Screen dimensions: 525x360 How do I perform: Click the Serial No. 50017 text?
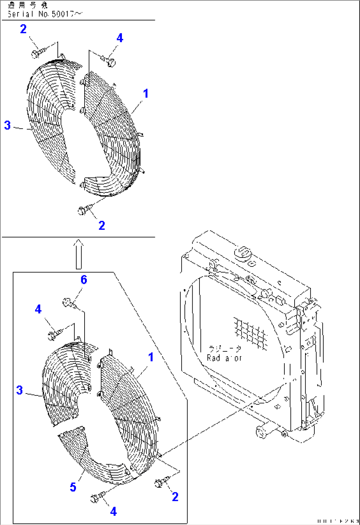click(x=45, y=14)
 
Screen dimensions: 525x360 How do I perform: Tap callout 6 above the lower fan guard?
click(x=84, y=280)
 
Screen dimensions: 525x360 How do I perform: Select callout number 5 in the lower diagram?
click(x=73, y=487)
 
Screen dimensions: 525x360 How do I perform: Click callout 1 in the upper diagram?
click(x=146, y=93)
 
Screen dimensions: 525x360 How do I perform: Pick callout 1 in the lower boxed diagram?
click(x=151, y=357)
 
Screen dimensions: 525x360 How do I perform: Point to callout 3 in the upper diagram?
click(x=7, y=125)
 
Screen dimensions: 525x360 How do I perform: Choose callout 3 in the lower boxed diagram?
click(x=19, y=390)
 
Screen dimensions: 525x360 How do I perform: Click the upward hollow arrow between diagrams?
click(x=79, y=254)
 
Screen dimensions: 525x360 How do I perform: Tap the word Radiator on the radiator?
click(x=224, y=358)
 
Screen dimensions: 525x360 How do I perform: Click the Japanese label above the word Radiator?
click(x=225, y=349)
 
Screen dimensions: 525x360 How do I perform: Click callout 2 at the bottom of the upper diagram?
click(x=102, y=226)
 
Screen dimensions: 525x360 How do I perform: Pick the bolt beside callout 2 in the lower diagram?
click(x=160, y=482)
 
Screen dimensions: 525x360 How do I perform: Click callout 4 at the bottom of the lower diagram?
click(x=113, y=511)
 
